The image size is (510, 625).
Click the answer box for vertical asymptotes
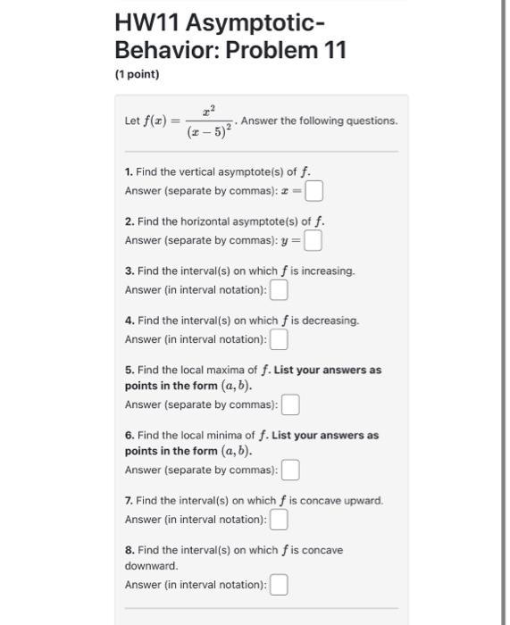click(x=314, y=190)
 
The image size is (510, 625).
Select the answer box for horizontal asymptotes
click(x=313, y=240)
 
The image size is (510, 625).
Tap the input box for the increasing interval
click(x=280, y=290)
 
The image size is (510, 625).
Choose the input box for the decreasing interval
click(x=280, y=340)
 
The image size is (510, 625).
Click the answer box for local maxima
click(x=290, y=404)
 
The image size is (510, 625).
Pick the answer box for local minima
click(x=290, y=470)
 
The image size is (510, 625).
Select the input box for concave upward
click(x=280, y=519)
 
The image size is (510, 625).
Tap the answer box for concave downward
click(x=280, y=585)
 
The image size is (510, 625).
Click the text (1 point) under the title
click(x=137, y=74)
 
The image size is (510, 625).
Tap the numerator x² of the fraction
click(x=210, y=108)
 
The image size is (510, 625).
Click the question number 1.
click(x=129, y=171)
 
